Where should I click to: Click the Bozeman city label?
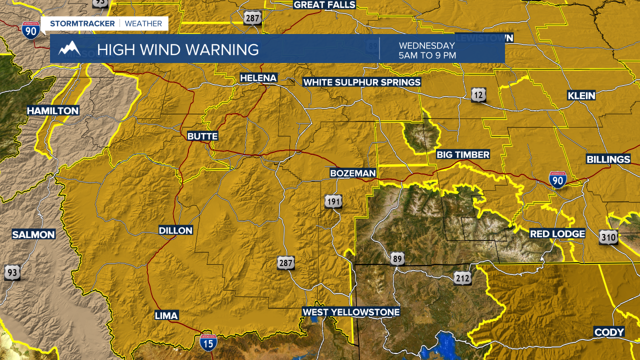pos(352,173)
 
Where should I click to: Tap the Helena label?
pos(258,78)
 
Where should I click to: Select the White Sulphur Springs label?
pos(362,82)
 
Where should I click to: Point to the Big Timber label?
pos(463,154)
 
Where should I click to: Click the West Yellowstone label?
pos(351,312)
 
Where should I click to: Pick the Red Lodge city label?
pos(557,233)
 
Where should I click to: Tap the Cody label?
pos(609,332)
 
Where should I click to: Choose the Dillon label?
pos(175,230)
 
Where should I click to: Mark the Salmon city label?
pos(33,234)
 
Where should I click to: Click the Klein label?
pos(581,95)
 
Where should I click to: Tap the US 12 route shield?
pos(478,94)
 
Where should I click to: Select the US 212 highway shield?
pos(463,278)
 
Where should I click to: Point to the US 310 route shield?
pos(608,237)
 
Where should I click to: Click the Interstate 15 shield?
pos(208,341)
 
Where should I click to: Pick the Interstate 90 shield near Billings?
pos(557,179)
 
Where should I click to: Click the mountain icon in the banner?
pos(69,48)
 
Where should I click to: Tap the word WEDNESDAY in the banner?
pos(426,45)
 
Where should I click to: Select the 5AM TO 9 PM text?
pos(427,55)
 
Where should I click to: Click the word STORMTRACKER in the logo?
pos(82,23)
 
